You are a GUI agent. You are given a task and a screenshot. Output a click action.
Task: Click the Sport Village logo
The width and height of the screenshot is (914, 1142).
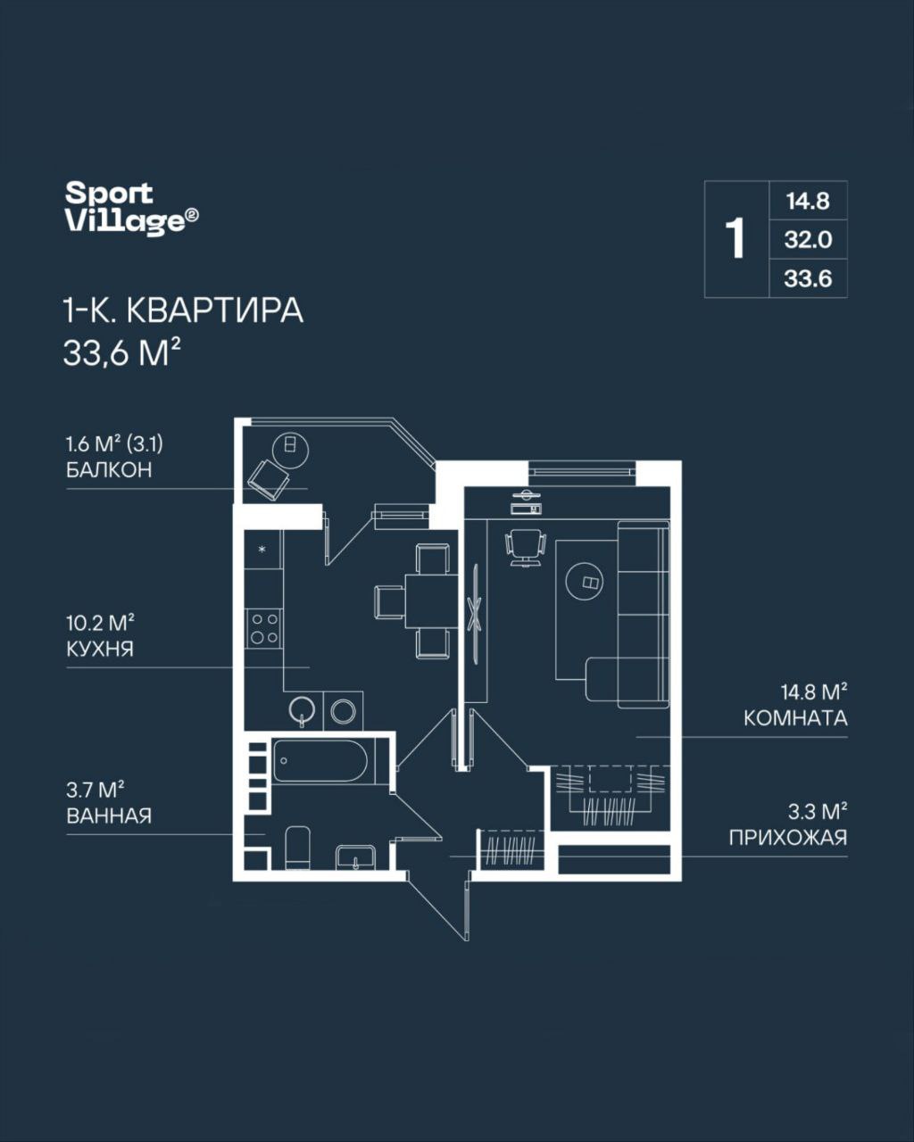[x=132, y=208]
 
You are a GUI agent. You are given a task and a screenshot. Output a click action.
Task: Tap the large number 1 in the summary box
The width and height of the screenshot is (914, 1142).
[x=736, y=239]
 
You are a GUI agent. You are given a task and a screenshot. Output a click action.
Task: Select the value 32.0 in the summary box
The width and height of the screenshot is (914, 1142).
[x=808, y=240]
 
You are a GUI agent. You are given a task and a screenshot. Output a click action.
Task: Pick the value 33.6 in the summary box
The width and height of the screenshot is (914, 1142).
[x=808, y=278]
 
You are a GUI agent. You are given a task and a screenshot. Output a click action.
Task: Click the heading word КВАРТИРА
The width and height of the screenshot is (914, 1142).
[x=215, y=311]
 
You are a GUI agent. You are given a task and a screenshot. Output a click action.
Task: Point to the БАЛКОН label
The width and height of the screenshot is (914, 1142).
[x=109, y=469]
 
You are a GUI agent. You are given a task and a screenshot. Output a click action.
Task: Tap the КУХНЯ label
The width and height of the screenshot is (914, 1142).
[x=100, y=649]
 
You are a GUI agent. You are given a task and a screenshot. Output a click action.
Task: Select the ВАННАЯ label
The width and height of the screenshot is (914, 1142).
[x=109, y=815]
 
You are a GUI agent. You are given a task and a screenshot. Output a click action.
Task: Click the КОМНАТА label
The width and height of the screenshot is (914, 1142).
[x=795, y=718]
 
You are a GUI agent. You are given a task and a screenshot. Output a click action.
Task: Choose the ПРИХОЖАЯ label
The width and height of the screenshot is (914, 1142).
[x=787, y=839]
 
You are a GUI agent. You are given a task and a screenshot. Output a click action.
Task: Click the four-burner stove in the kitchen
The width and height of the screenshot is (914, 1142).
[x=263, y=628]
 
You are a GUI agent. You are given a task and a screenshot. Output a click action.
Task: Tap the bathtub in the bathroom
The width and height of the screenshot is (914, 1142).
[x=320, y=760]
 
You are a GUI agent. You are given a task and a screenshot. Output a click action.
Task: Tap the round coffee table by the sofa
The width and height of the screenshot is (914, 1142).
[x=585, y=582]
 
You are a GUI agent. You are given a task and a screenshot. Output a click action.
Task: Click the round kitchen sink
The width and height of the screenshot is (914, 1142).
[x=303, y=710]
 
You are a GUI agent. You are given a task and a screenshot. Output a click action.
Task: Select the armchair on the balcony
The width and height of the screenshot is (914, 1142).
[x=269, y=479]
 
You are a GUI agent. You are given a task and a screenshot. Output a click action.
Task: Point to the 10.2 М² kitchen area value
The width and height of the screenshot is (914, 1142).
[x=100, y=623]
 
